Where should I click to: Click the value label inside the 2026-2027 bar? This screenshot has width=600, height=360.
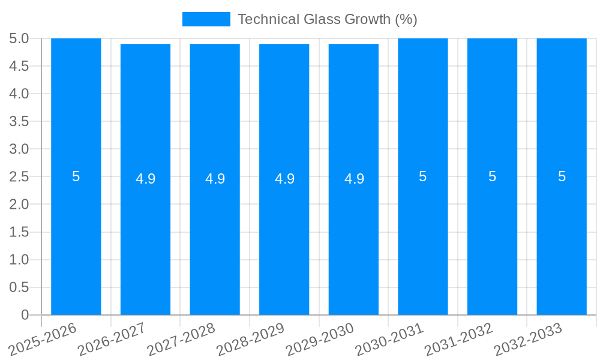[145, 179]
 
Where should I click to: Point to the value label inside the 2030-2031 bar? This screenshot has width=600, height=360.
[423, 176]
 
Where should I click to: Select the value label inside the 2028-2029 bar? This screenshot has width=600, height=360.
[284, 179]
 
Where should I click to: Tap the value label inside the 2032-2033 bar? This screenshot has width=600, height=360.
[562, 176]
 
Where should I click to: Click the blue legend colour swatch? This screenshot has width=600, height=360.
[206, 19]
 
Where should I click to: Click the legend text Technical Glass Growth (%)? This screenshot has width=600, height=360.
[327, 19]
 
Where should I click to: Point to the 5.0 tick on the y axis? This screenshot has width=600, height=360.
[19, 38]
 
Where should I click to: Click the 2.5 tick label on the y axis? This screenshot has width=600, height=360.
[19, 177]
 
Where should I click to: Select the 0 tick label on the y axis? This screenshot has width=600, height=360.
[25, 315]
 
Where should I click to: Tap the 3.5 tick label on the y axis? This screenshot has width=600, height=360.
[19, 121]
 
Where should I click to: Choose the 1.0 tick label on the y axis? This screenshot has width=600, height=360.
[19, 260]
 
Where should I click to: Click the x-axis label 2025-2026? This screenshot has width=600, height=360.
[44, 338]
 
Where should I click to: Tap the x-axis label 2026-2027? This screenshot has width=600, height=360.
[113, 338]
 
